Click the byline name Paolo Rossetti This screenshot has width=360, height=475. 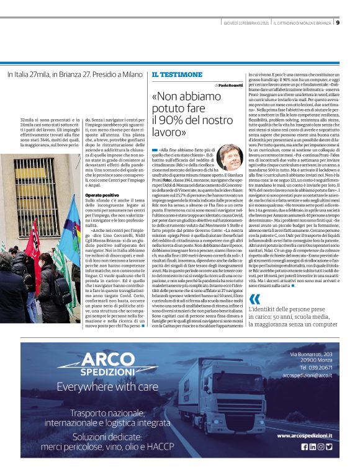coord(232,86)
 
